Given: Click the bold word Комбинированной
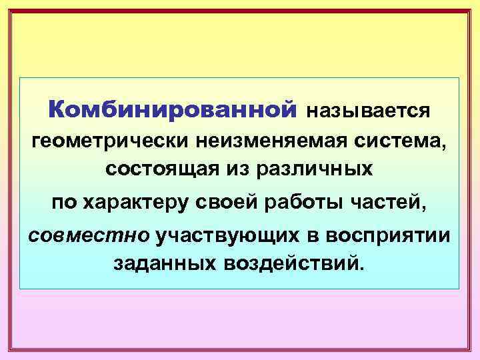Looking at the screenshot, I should point(172,108).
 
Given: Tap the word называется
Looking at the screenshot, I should point(368,110).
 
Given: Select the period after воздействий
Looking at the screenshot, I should point(363,269).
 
